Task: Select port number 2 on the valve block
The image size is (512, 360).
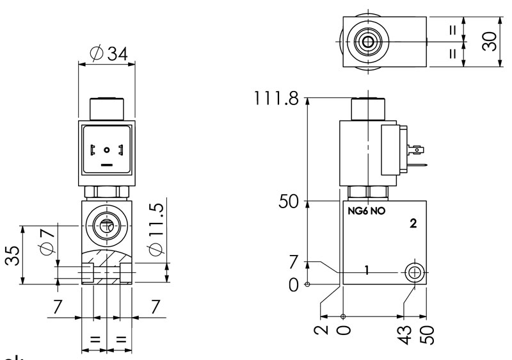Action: point(413,224)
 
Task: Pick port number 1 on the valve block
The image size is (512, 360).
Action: point(367,270)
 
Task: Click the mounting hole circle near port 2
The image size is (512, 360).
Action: point(414,274)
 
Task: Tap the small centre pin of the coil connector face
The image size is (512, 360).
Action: point(107,150)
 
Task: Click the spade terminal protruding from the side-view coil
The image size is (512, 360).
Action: point(419,152)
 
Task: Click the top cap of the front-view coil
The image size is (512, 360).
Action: point(107,109)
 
